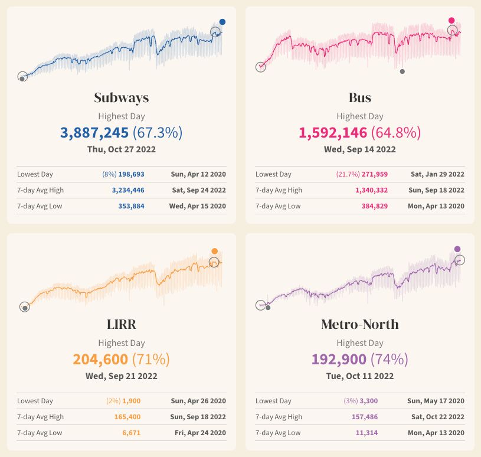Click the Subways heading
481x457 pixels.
pyautogui.click(x=122, y=97)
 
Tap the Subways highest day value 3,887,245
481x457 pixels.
pyautogui.click(x=94, y=132)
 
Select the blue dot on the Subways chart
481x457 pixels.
pyautogui.click(x=222, y=22)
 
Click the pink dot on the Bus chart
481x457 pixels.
pyautogui.click(x=452, y=20)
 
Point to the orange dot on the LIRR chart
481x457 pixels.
pyautogui.click(x=215, y=251)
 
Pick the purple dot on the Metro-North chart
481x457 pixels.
pyautogui.click(x=457, y=249)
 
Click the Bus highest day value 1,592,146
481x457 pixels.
pyautogui.click(x=333, y=132)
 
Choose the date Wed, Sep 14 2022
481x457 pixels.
pyautogui.click(x=359, y=149)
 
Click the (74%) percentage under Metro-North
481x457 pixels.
pyautogui.click(x=389, y=359)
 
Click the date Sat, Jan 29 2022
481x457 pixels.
pyautogui.click(x=437, y=174)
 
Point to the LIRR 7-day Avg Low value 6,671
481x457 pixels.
pyautogui.click(x=130, y=433)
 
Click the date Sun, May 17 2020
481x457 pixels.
pyautogui.click(x=436, y=401)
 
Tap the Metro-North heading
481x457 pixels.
pyautogui.click(x=359, y=324)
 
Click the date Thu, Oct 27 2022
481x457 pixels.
pyautogui.click(x=122, y=149)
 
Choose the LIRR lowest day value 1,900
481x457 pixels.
pyautogui.click(x=132, y=401)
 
